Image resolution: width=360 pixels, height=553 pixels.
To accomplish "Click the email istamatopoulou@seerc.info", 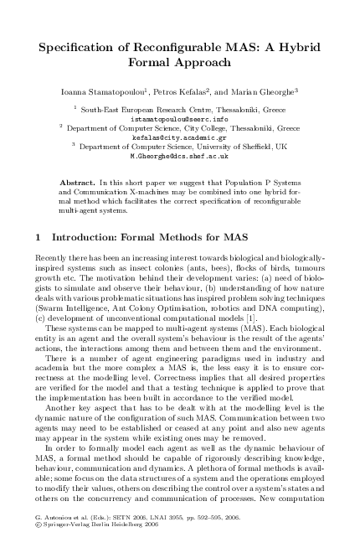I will [179, 118].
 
